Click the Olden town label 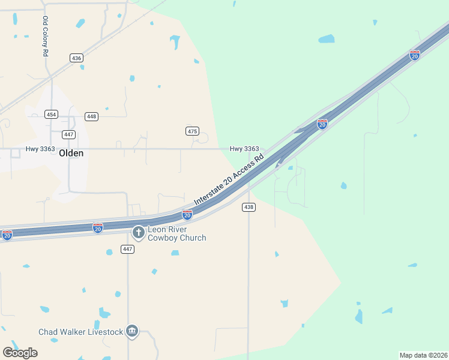coord(71,153)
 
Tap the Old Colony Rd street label coord(46,36)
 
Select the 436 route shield coord(76,58)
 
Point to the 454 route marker coord(52,115)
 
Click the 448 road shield coord(91,116)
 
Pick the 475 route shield coord(192,131)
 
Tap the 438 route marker coord(249,207)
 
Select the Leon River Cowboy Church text coord(177,233)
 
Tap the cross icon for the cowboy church coord(139,232)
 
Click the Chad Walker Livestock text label coord(80,332)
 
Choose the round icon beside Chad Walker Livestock coord(132,331)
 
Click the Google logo coord(20,352)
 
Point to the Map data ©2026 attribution coord(424,355)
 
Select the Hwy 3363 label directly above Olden coord(40,149)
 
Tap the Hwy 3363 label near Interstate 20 coord(244,149)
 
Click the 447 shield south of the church coord(127,249)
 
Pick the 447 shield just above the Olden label coord(69,134)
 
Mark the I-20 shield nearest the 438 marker coord(187,214)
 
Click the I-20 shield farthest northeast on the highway coord(415,55)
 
